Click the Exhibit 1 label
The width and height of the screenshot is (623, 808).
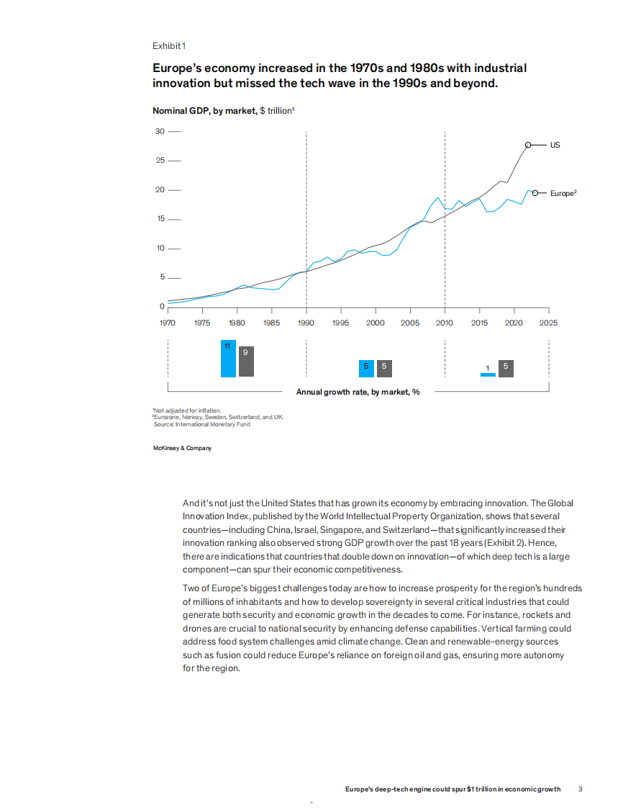169,46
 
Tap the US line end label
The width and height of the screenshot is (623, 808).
555,145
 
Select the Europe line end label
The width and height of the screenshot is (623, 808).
563,193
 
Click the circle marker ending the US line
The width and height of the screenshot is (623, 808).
528,145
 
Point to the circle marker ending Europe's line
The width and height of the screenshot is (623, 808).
535,192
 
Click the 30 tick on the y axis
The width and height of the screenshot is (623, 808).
160,131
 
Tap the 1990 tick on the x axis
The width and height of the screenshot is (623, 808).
306,323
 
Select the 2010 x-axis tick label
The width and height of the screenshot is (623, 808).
445,323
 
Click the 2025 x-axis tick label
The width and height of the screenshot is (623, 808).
548,323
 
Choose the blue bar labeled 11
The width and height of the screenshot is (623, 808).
228,359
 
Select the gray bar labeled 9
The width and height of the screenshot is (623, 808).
246,362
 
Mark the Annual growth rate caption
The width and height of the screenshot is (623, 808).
358,392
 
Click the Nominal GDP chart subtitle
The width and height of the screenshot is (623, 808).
224,111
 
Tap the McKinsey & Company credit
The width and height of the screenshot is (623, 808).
182,448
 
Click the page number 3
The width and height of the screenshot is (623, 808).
581,789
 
